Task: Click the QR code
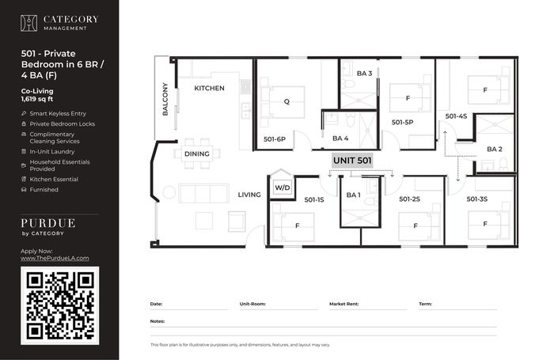pos(59,305)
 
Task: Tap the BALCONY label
pos(165,99)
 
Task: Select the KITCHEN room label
pos(209,89)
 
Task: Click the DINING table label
pos(197,154)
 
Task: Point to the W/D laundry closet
pos(283,188)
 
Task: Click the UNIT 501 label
pos(352,161)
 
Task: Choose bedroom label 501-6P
pos(275,139)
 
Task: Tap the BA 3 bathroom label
pos(364,74)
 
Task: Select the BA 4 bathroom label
pos(340,138)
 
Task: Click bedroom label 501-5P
pos(402,123)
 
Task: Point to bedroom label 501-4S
pos(456,116)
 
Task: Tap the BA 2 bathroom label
pos(495,149)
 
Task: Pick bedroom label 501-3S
pos(477,199)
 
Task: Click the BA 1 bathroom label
pos(353,195)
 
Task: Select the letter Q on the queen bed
pos(286,102)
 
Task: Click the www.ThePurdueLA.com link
pos(55,258)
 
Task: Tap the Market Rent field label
pos(343,304)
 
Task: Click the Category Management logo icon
pos(28,23)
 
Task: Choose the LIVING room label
pos(249,195)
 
